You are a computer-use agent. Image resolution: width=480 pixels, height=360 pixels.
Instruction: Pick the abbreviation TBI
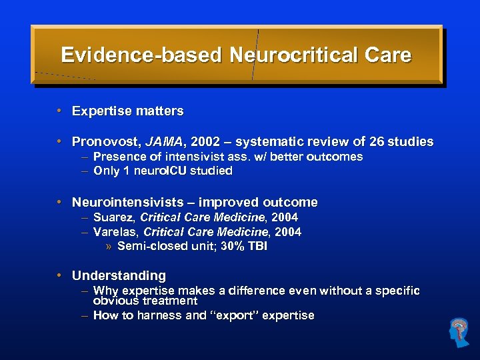257,246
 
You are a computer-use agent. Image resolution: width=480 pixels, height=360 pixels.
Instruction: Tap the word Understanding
119,275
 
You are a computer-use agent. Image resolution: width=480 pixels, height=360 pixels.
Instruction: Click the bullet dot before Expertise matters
59,111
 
